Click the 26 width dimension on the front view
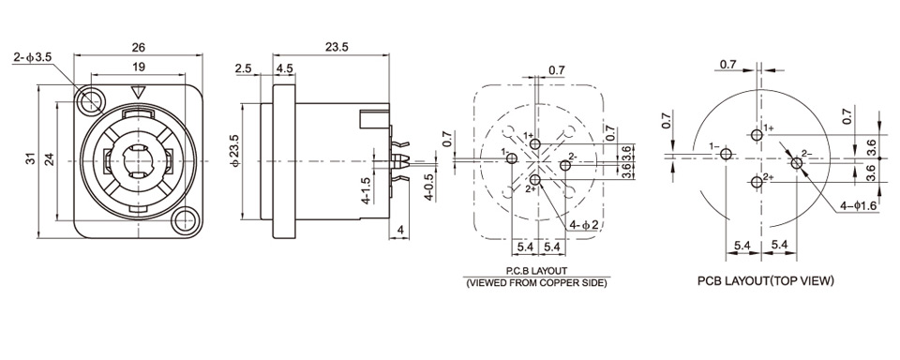139,47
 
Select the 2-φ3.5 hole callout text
33,57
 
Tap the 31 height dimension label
32,158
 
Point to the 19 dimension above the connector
138,67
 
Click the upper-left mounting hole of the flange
89,101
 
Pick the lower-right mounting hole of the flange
185,220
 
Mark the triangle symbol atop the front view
138,92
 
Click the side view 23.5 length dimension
337,47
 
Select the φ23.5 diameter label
234,151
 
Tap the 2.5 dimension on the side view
244,68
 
